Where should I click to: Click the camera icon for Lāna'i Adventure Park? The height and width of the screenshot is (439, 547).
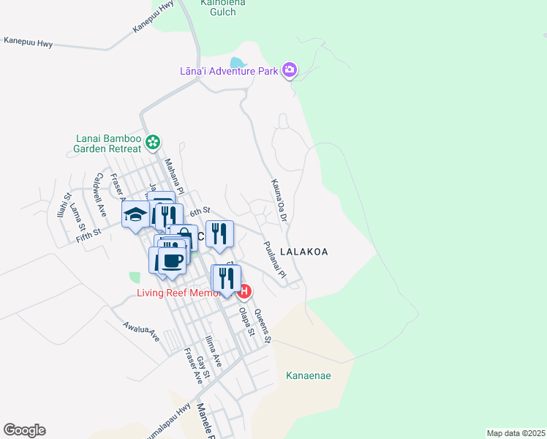tap(290, 70)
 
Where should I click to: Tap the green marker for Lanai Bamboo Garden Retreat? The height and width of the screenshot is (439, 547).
tap(153, 142)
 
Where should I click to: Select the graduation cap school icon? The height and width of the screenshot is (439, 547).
tap(135, 214)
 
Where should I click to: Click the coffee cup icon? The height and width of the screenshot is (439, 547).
tap(172, 260)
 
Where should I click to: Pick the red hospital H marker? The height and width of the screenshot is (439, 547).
tap(245, 292)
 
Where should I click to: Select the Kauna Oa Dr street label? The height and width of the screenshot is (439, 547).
tap(280, 200)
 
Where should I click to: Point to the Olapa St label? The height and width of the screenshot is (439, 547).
tap(246, 320)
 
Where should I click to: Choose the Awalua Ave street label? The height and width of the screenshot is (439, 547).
tap(141, 332)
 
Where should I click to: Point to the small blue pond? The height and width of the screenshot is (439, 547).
tap(238, 63)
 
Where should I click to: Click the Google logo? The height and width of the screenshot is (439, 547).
tap(24, 430)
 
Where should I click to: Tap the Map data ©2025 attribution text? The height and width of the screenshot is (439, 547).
tap(516, 433)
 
